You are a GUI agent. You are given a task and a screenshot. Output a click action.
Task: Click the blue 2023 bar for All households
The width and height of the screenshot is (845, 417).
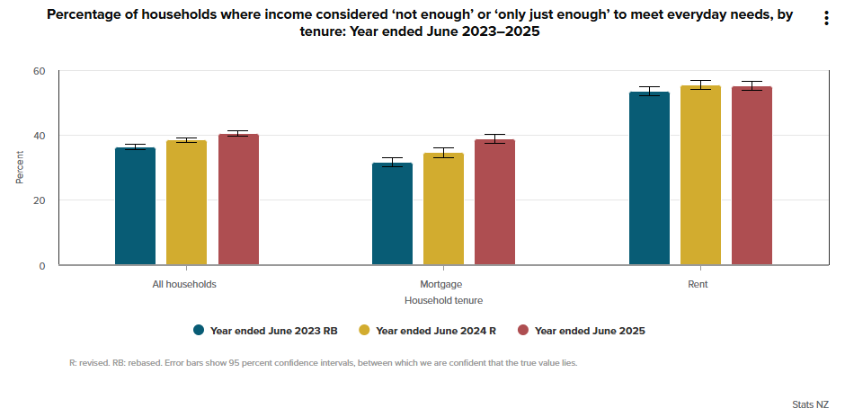pos(135,207)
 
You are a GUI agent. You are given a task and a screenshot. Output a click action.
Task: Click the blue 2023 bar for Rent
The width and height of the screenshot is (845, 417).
pos(649,179)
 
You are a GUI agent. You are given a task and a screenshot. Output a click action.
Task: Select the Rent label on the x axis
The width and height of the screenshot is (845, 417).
pos(698,284)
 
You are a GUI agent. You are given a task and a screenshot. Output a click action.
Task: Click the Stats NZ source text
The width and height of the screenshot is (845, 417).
pos(810,405)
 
